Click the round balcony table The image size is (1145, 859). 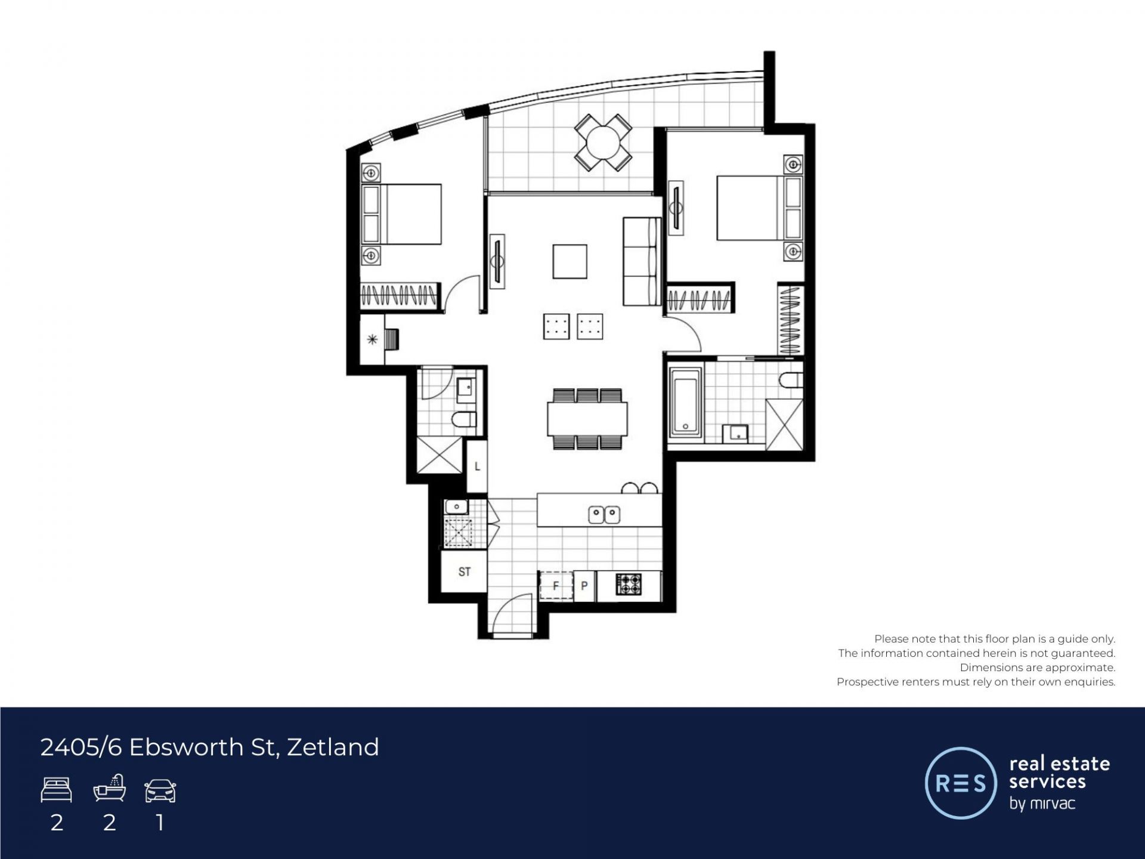click(603, 143)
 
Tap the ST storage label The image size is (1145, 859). click(465, 572)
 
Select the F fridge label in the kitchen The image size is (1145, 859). click(556, 586)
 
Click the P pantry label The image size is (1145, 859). click(584, 586)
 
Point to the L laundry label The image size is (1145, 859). click(477, 466)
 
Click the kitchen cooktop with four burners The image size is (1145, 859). click(629, 584)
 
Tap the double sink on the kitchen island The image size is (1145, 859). click(604, 514)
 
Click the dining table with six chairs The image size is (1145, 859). click(587, 419)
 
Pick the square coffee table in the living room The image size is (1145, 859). click(570, 261)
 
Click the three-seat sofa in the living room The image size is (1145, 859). click(642, 262)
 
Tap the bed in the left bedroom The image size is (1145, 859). click(401, 214)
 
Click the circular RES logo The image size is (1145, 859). click(961, 783)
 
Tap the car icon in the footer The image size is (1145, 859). click(160, 790)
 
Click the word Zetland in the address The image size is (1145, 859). click(333, 747)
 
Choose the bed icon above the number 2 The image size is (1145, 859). click(57, 790)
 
